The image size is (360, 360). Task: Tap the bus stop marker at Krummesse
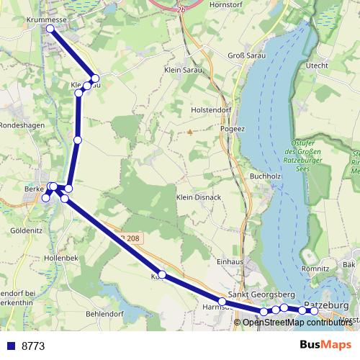(x=50, y=29)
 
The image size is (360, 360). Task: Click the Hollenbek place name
(x=59, y=257)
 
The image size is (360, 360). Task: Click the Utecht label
(x=317, y=66)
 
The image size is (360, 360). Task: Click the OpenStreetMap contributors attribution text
(x=297, y=322)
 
